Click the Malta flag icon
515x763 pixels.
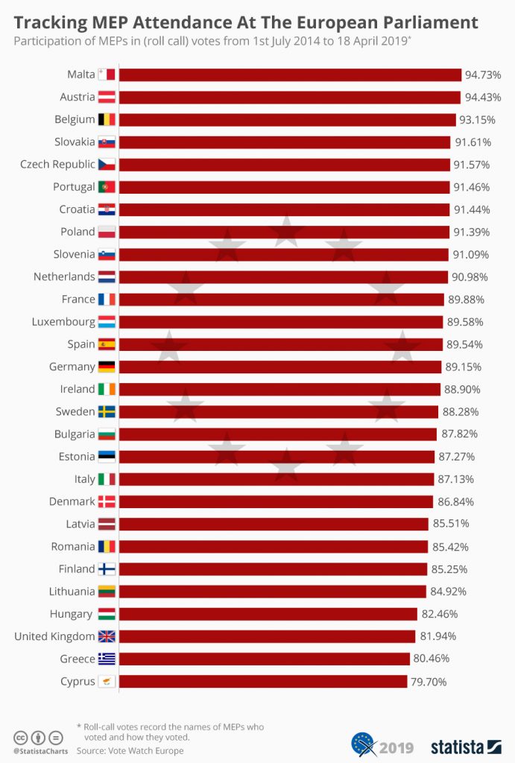(x=107, y=75)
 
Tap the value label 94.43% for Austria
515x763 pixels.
(x=482, y=97)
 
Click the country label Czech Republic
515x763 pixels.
(x=57, y=164)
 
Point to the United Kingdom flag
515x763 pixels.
(x=107, y=636)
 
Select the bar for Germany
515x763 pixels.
(x=279, y=367)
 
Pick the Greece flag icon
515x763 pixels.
(x=107, y=659)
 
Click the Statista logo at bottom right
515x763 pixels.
(x=466, y=746)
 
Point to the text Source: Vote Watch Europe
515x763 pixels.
(x=130, y=750)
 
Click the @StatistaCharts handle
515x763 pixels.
(x=38, y=751)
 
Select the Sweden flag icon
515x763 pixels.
(x=107, y=411)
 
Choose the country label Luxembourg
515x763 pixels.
(x=63, y=322)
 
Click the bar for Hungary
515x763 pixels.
(x=268, y=614)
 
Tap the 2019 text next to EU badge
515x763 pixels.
(x=396, y=747)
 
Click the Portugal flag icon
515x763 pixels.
(x=107, y=187)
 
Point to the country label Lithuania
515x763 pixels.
(x=66, y=592)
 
